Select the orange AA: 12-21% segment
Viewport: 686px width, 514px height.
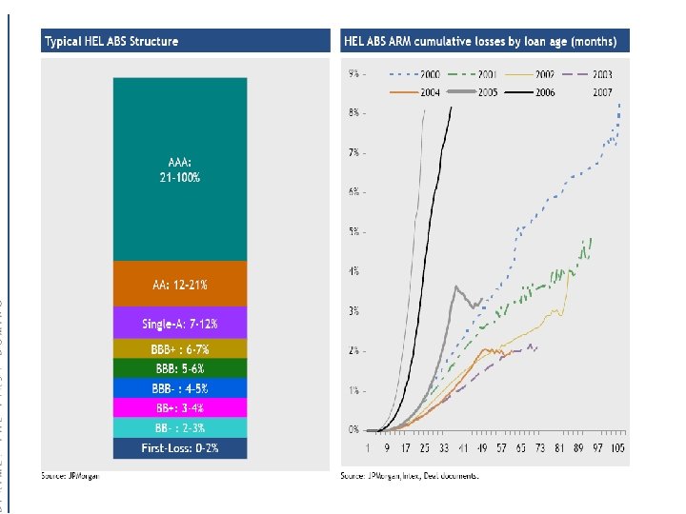point(180,285)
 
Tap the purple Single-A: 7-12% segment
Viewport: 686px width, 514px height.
point(180,323)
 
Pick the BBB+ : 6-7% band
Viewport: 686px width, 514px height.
point(180,349)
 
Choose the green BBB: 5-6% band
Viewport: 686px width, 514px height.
point(180,368)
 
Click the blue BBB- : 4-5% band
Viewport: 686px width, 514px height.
point(180,388)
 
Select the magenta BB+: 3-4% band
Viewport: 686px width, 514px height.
point(180,407)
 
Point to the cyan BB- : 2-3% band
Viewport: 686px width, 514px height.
point(180,427)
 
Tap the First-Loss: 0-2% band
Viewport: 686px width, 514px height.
point(180,447)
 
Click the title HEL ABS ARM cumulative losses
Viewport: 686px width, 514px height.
point(479,41)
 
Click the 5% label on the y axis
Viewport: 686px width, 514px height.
point(354,231)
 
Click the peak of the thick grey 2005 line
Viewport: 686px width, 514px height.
point(457,286)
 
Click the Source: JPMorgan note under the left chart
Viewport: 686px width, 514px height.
point(70,474)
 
